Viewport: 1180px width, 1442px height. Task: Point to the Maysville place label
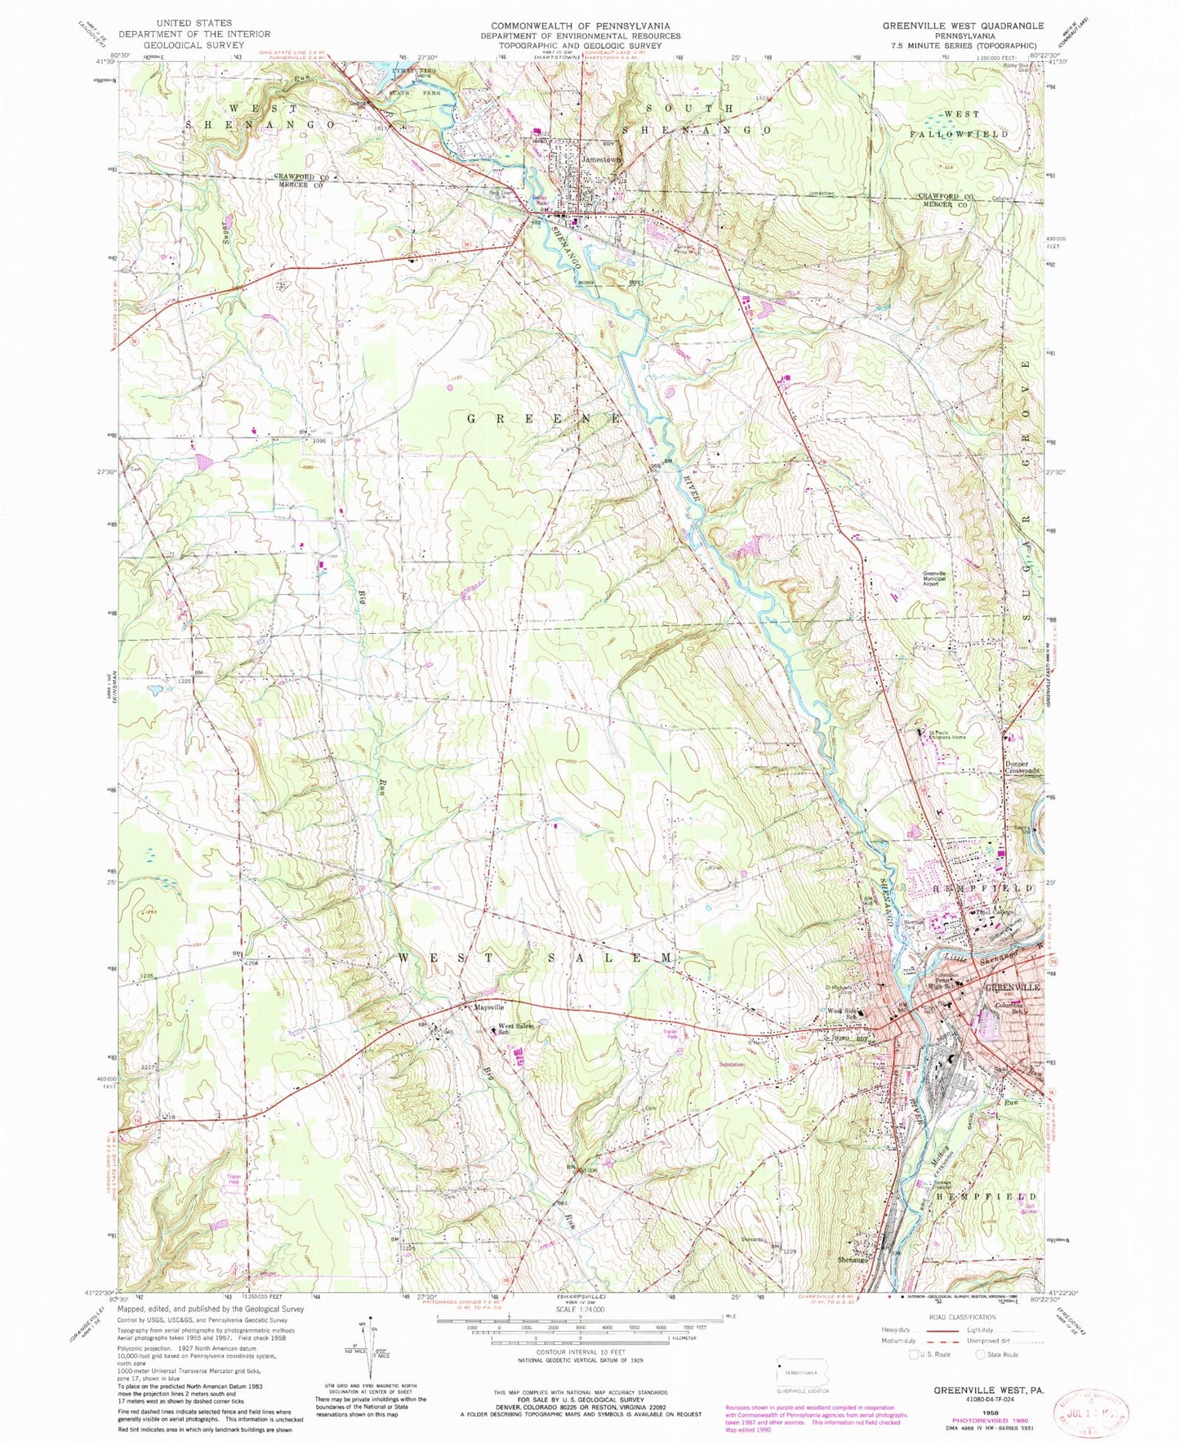489,1007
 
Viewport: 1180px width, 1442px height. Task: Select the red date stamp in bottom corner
1092,1404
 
